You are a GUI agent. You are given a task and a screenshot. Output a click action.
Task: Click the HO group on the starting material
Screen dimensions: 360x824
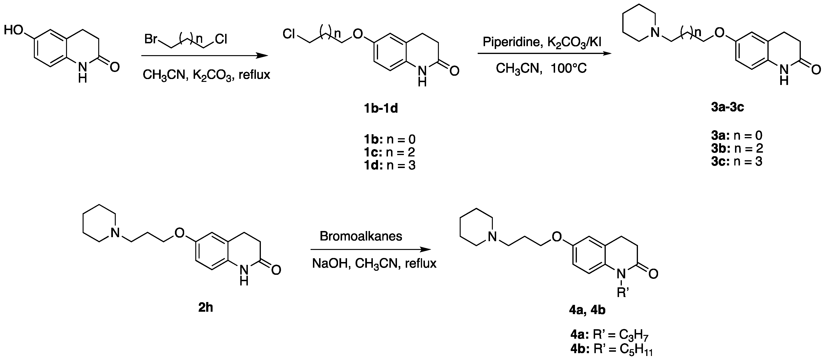[x=13, y=30]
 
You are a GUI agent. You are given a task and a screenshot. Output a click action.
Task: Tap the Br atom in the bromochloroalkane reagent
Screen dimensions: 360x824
[x=151, y=39]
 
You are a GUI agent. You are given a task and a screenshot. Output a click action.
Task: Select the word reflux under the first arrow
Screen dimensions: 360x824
[x=254, y=75]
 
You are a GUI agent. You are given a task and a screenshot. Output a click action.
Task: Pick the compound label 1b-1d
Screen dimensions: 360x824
[x=381, y=109]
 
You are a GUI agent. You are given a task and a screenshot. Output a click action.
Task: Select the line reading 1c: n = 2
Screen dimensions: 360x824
[x=390, y=152]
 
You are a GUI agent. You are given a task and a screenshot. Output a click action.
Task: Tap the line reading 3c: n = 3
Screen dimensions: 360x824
[x=737, y=161]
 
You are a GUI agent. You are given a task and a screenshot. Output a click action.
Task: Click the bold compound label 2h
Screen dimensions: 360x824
[x=206, y=307]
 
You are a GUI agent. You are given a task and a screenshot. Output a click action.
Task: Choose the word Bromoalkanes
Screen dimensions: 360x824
[x=361, y=236]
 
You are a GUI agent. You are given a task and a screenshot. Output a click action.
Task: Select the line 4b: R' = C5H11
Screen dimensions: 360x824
[x=611, y=350]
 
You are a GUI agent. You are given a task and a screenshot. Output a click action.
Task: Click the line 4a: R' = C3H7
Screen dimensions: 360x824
[x=609, y=334]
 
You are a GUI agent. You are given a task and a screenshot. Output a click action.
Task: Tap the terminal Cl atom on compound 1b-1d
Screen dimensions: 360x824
[x=289, y=34]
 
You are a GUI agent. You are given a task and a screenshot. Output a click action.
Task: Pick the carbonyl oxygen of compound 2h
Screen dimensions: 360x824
[x=276, y=270]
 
